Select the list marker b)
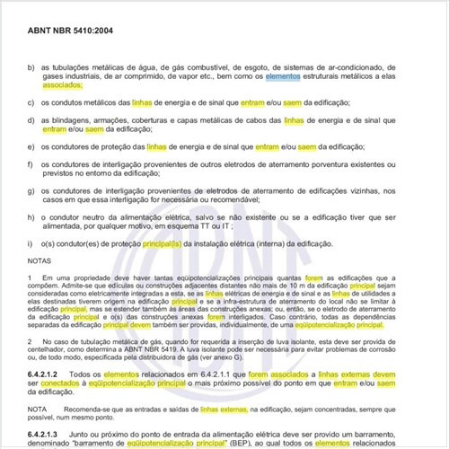[31, 67]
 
